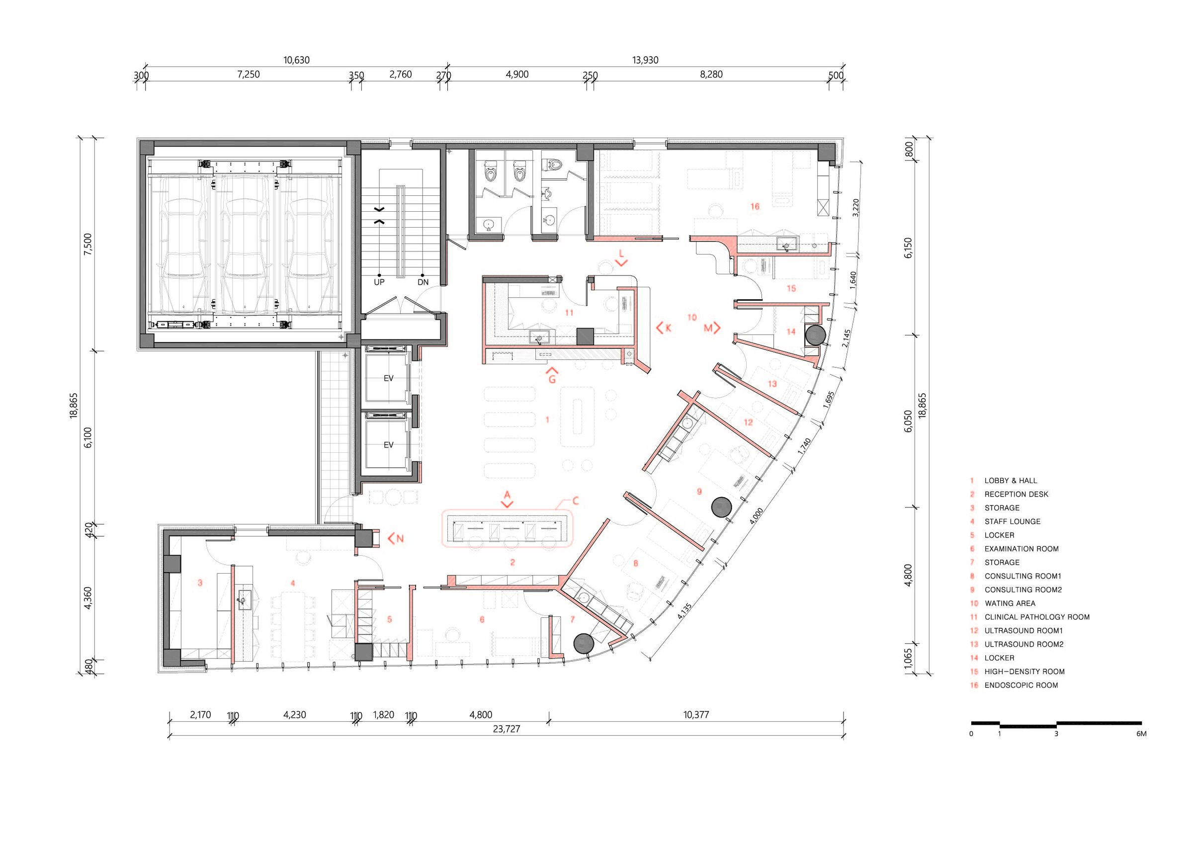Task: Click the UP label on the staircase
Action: point(379,282)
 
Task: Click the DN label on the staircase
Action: point(423,282)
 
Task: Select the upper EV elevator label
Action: point(388,378)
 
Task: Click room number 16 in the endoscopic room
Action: point(755,206)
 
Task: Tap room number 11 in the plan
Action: point(569,313)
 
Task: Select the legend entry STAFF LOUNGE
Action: point(1012,521)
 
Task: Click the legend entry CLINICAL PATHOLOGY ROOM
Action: point(1036,617)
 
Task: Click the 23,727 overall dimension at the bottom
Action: point(506,729)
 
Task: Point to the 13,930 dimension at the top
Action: point(645,60)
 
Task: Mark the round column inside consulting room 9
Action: point(722,507)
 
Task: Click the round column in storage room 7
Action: point(584,643)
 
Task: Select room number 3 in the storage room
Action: point(200,583)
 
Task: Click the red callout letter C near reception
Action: point(575,501)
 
